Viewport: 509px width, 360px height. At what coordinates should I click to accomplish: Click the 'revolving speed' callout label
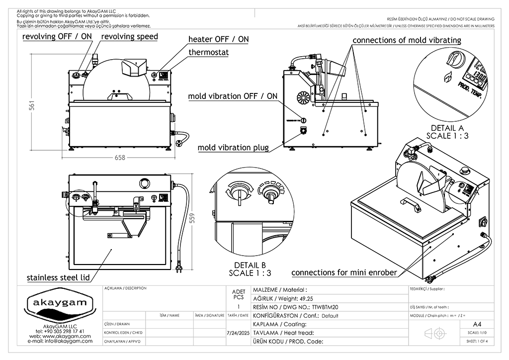coord(130,36)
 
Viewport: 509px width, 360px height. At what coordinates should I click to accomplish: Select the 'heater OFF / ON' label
coord(218,39)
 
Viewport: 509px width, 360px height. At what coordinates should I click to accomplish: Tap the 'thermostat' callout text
coord(209,52)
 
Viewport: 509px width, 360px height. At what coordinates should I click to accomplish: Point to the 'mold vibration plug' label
coord(233,147)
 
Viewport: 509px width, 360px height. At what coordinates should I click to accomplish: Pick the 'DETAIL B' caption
coord(250,265)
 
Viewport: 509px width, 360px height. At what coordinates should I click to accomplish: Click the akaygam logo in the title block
coord(59,303)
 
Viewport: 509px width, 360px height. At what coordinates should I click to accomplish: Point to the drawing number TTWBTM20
coord(326,307)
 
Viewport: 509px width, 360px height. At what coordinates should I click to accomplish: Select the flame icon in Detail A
coord(446,77)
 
